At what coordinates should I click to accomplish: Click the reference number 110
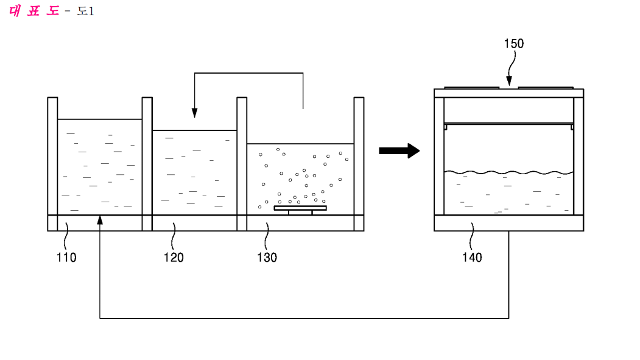[x=66, y=258]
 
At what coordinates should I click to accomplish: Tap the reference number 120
[x=174, y=258]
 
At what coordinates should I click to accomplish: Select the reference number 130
[x=267, y=258]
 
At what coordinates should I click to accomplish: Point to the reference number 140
[x=472, y=258]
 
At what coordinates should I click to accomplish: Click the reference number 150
[x=514, y=44]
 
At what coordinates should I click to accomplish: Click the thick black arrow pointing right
[x=399, y=150]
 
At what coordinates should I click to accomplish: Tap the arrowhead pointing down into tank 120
[x=195, y=113]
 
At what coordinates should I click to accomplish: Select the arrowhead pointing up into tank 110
[x=100, y=220]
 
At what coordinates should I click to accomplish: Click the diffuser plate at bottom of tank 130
[x=300, y=208]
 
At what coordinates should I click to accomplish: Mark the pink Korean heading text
[x=34, y=10]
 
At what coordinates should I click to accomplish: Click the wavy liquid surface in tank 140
[x=508, y=172]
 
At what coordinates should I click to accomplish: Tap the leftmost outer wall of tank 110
[x=52, y=164]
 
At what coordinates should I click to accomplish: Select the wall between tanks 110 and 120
[x=147, y=164]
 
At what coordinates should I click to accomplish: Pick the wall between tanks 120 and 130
[x=242, y=164]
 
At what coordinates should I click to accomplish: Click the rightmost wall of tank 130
[x=359, y=164]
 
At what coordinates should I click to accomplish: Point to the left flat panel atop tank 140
[x=472, y=88]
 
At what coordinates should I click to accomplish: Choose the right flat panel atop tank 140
[x=546, y=88]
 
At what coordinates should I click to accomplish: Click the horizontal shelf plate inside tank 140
[x=508, y=124]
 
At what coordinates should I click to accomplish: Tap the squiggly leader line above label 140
[x=472, y=236]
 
